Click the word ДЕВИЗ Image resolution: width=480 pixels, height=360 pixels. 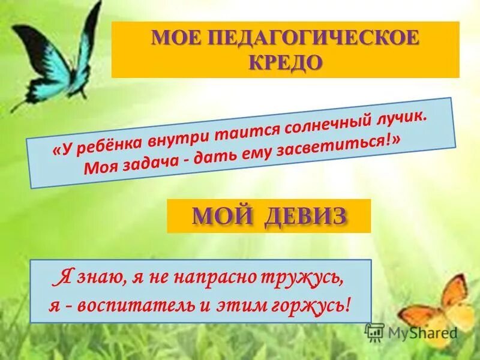[x=302, y=215]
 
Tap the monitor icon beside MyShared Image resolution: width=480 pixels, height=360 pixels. [x=374, y=332]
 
